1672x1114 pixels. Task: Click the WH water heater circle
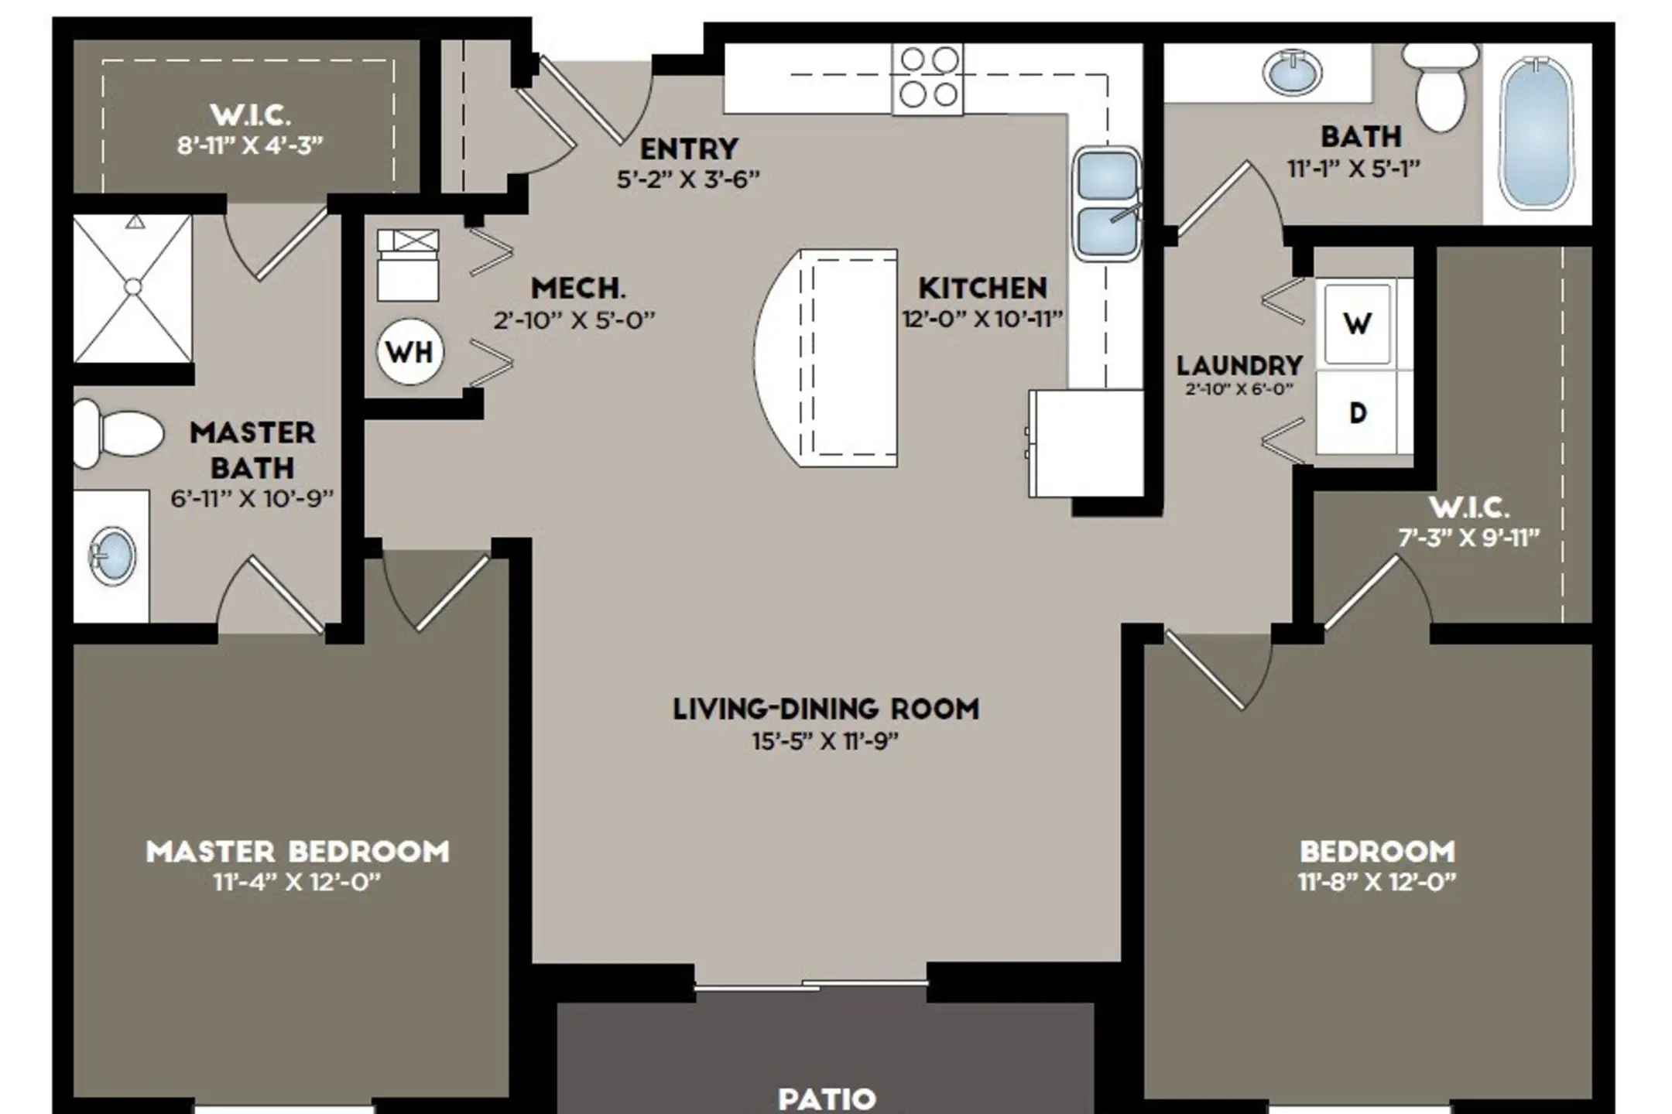pos(409,352)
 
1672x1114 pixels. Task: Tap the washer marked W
pos(1357,323)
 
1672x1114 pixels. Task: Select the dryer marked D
pos(1357,413)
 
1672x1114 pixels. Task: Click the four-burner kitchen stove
pos(928,79)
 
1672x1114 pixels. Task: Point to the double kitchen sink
pos(1107,203)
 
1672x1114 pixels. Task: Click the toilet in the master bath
pos(118,433)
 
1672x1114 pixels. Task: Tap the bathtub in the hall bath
pos(1537,133)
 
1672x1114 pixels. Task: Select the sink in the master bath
pos(112,555)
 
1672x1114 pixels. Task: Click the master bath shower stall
pos(132,288)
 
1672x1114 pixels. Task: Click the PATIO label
pos(827,1099)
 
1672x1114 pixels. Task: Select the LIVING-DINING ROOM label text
pos(826,709)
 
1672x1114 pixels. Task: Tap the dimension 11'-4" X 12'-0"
pos(297,882)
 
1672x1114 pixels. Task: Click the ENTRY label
pos(689,149)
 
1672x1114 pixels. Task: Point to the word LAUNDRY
pos(1239,365)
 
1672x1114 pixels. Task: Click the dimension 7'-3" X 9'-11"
pos(1468,538)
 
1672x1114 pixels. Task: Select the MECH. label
pos(578,289)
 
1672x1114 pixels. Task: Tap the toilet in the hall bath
pos(1441,87)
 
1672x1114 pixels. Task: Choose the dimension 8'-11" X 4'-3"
pos(250,145)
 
